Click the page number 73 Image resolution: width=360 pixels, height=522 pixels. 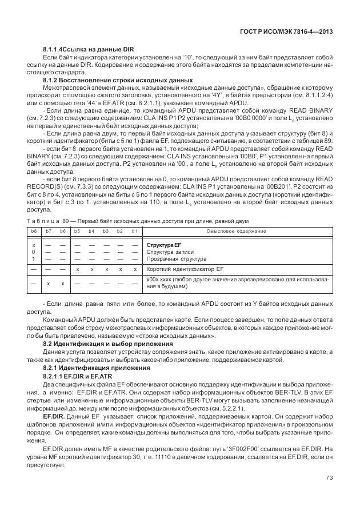[329, 478]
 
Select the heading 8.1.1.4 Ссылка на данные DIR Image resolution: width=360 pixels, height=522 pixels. [89, 50]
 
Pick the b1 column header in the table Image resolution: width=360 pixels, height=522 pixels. [134, 231]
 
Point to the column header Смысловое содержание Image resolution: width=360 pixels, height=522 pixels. [236, 231]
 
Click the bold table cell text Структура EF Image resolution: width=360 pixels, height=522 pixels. [163, 245]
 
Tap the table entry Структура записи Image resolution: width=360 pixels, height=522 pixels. [170, 252]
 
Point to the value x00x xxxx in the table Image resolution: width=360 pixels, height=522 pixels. [165, 280]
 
